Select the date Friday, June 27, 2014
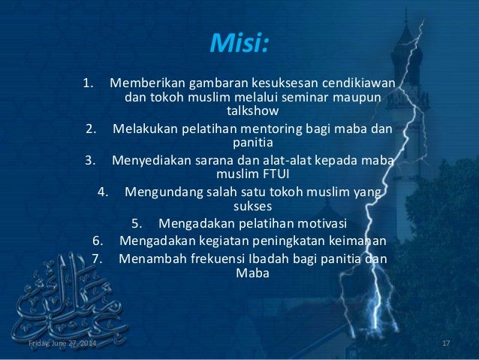[x=62, y=343]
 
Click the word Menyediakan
[x=149, y=159]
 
